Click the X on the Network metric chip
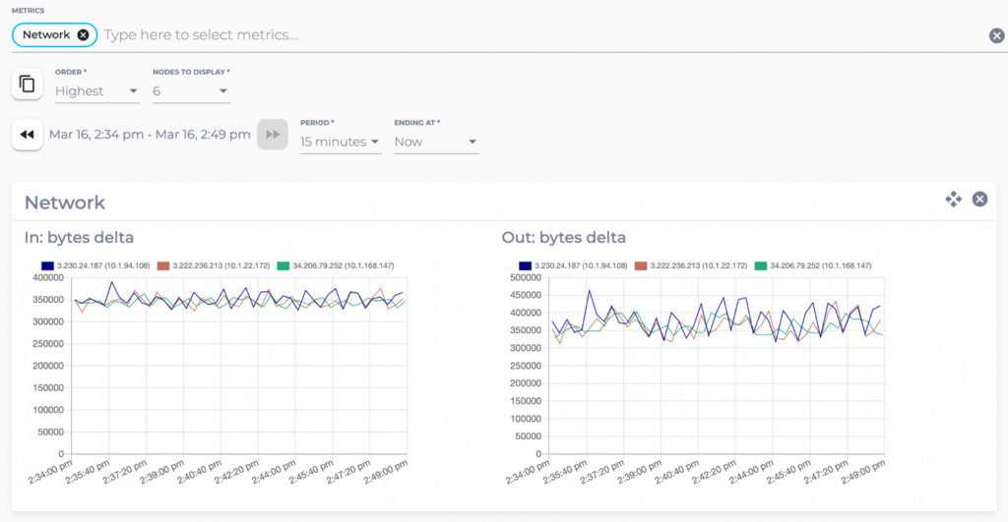(83, 34)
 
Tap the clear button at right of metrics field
(996, 36)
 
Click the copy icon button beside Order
(28, 85)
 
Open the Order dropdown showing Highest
(96, 91)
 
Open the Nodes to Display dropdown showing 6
(190, 91)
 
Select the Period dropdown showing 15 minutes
(340, 142)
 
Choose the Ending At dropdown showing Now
(435, 142)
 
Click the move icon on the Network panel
(953, 200)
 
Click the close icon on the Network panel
(979, 200)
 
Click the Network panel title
(65, 203)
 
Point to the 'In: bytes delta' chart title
(79, 237)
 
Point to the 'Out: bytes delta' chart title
(563, 237)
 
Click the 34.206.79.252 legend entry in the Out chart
(811, 265)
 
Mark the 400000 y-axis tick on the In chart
(48, 278)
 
